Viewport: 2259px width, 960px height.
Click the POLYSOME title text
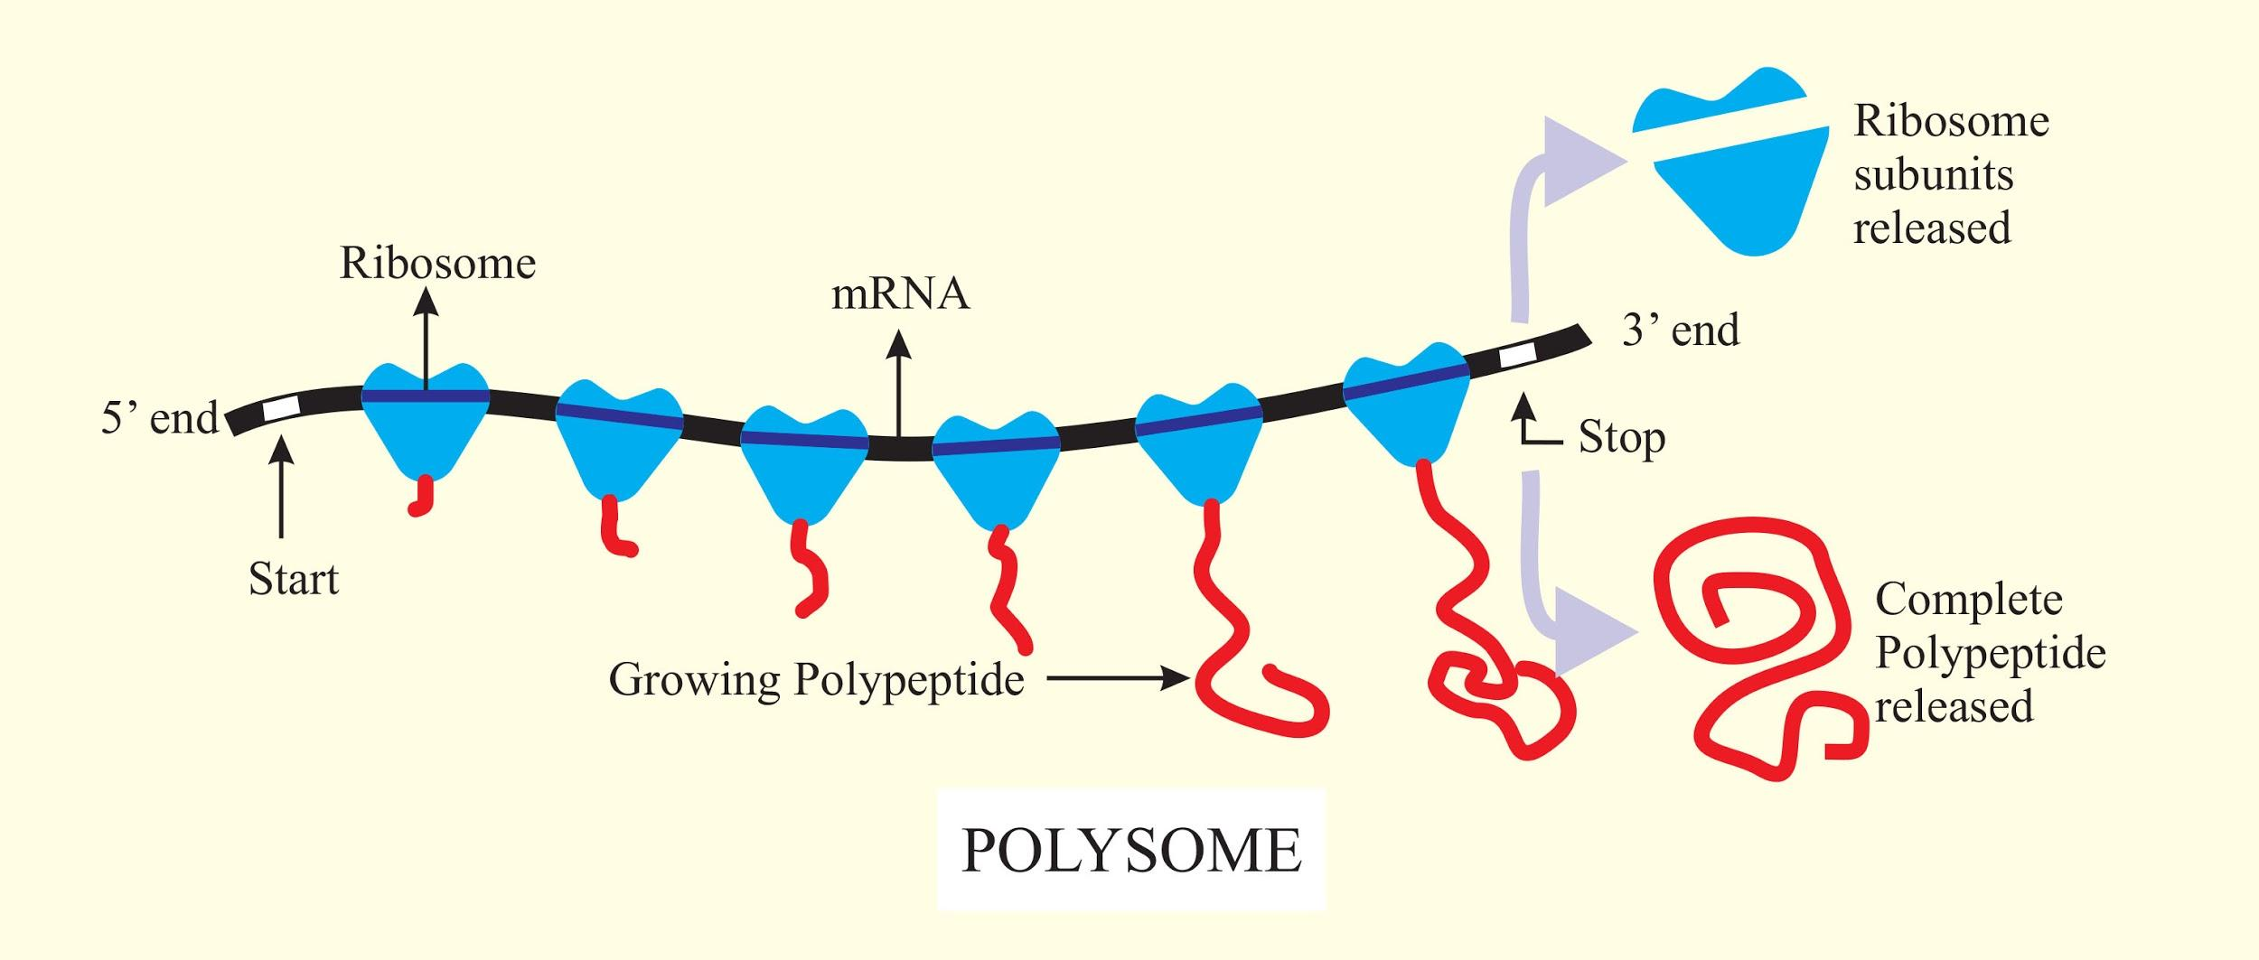[x=1131, y=851]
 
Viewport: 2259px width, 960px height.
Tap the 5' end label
[x=160, y=419]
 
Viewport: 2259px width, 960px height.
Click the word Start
[x=294, y=580]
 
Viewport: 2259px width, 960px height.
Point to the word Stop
[x=1622, y=439]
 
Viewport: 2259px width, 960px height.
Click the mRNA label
[x=900, y=295]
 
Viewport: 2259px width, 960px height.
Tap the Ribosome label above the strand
[x=437, y=264]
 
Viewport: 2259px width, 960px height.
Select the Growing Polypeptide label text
[x=817, y=680]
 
